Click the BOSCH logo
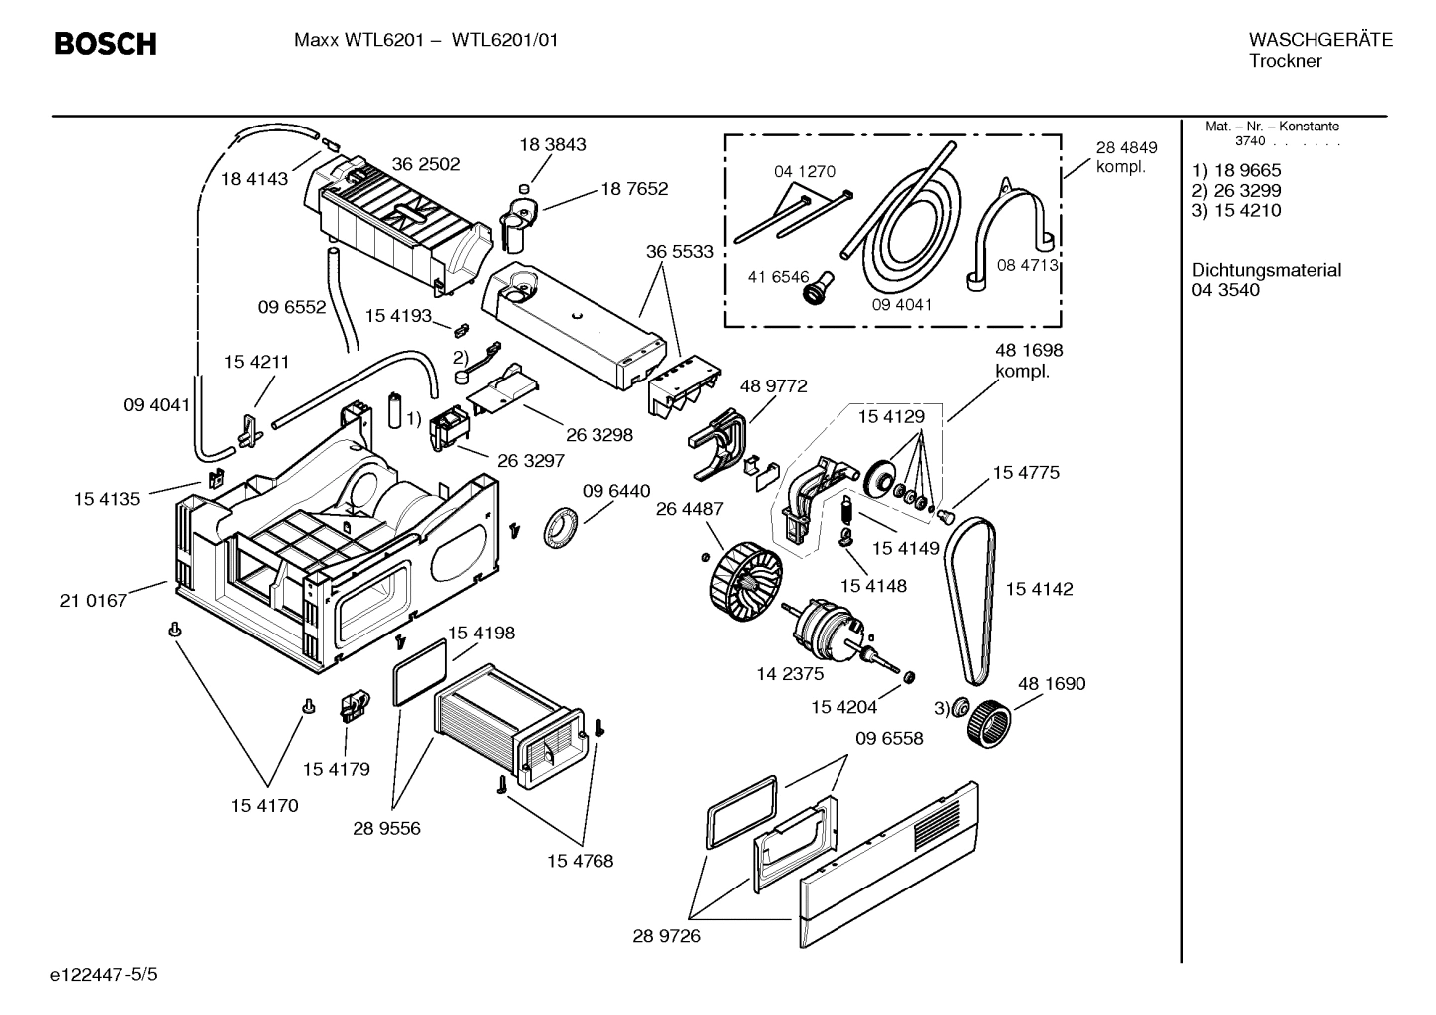click(x=105, y=44)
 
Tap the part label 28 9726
click(x=666, y=936)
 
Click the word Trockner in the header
click(x=1285, y=61)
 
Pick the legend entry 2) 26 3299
click(x=1236, y=190)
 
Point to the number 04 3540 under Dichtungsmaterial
click(x=1225, y=290)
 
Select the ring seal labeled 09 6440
click(x=561, y=526)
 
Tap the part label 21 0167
click(x=94, y=600)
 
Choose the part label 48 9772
click(x=773, y=385)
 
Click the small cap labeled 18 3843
click(x=525, y=188)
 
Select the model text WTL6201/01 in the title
click(x=505, y=40)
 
